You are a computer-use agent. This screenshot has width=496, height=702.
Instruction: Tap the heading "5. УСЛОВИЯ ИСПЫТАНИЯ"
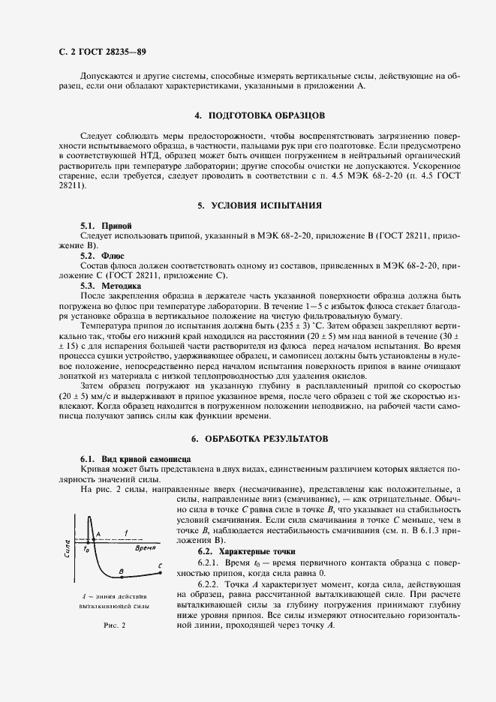(259, 205)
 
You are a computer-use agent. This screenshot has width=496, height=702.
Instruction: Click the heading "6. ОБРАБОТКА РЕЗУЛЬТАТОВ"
(259, 437)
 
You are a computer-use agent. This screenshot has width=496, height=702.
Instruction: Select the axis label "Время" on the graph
(146, 548)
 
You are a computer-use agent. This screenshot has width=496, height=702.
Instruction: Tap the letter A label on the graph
(98, 535)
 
